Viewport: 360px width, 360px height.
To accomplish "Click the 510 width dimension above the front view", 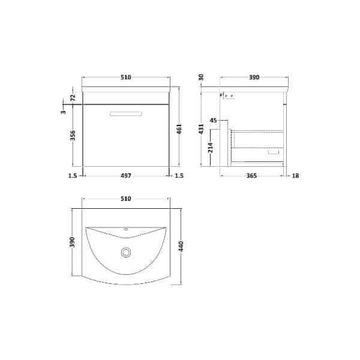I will tap(126, 77).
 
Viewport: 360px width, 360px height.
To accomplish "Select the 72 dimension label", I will tap(73, 97).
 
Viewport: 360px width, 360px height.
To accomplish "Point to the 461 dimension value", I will tap(178, 130).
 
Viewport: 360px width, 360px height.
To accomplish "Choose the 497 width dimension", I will tap(126, 176).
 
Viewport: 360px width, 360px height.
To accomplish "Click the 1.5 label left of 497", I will tap(72, 176).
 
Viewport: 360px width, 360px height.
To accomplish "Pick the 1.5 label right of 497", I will tap(178, 176).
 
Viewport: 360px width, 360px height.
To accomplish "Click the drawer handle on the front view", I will tap(126, 112).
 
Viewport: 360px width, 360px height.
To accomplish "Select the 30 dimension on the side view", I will tap(202, 77).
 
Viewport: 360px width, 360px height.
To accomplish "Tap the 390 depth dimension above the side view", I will tap(254, 77).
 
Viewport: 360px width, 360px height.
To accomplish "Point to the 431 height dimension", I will tap(202, 128).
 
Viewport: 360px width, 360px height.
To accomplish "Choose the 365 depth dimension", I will tap(251, 176).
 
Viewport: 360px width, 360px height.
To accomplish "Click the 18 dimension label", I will tap(295, 176).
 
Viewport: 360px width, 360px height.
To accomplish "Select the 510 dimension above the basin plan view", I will tap(126, 198).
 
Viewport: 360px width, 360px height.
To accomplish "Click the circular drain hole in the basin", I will tap(126, 253).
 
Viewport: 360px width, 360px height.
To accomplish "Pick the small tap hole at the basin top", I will tap(126, 229).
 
